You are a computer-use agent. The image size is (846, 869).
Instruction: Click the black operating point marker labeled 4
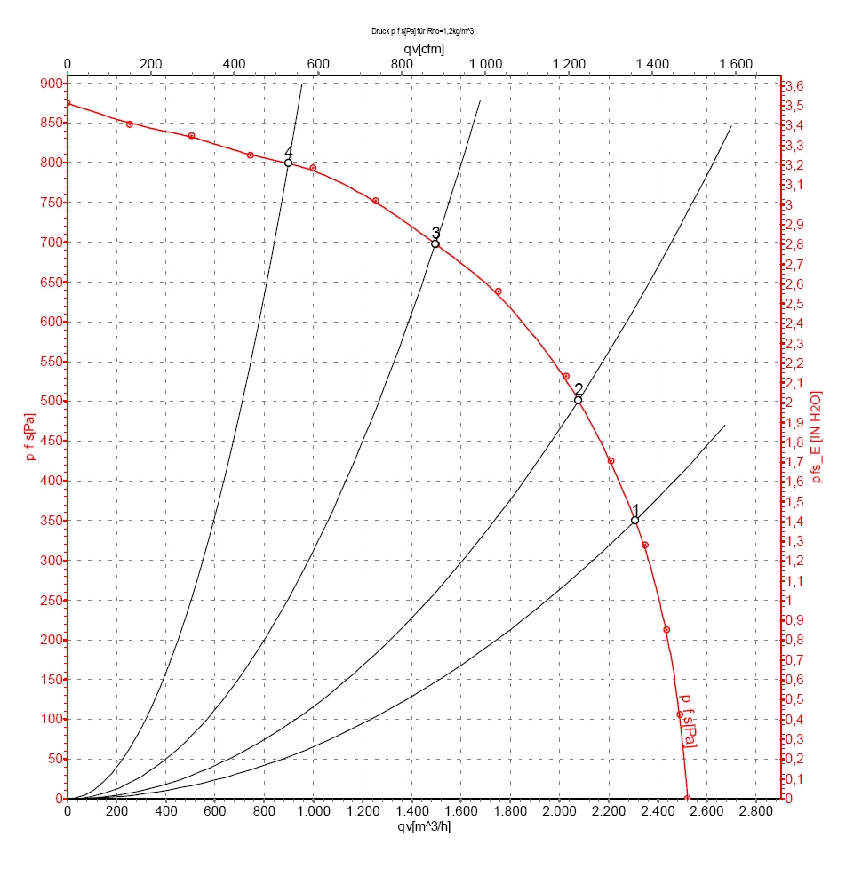[288, 163]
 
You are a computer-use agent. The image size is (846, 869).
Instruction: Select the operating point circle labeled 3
[435, 243]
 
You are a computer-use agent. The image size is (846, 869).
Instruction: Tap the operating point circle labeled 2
[579, 400]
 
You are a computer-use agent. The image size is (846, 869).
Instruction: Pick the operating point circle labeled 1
[634, 521]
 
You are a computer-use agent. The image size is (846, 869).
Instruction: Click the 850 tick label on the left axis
[52, 123]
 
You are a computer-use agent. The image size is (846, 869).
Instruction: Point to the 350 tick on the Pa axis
[52, 521]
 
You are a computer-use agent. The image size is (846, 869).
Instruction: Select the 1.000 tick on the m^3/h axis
[313, 811]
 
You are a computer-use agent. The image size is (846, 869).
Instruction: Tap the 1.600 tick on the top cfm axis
[736, 64]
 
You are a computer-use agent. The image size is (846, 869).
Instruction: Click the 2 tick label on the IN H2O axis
[789, 402]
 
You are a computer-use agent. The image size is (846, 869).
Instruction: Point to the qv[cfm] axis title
[424, 50]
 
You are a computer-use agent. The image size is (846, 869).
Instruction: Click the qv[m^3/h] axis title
[424, 827]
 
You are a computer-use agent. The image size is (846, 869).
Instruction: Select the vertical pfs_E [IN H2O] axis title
[816, 436]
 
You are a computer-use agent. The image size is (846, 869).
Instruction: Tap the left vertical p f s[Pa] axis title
[30, 436]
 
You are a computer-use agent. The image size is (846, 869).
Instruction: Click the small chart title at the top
[422, 31]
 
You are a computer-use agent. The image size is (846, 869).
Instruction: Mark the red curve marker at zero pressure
[688, 799]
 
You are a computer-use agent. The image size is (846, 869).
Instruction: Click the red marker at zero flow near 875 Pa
[68, 103]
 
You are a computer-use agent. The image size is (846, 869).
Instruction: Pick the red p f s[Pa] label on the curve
[687, 721]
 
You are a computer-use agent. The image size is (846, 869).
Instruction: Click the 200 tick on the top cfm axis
[151, 64]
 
